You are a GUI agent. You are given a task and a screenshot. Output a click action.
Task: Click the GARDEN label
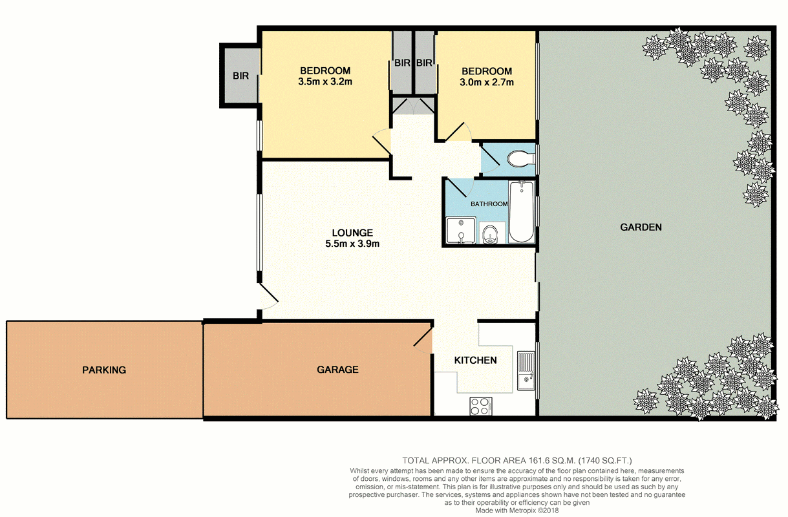[x=641, y=227]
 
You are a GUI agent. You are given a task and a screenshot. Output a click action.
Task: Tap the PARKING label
[x=104, y=370]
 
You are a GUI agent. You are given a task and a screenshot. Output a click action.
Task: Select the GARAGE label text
[x=337, y=370]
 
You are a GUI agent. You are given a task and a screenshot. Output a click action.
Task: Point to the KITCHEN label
[x=476, y=360]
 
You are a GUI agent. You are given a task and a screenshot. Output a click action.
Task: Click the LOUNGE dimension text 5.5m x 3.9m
[x=352, y=244]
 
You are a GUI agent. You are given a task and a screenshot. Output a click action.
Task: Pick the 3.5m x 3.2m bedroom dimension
[x=325, y=82]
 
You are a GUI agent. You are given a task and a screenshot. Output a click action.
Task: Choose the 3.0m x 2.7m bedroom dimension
[x=487, y=82]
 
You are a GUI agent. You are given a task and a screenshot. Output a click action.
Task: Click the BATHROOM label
[x=489, y=204]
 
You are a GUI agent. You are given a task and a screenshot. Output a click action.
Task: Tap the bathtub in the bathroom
[x=521, y=212]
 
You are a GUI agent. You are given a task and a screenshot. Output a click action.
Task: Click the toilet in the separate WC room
[x=521, y=158]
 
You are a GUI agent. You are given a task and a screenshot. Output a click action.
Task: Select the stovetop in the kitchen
[x=481, y=406]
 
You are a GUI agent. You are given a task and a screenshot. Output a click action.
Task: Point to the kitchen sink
[x=526, y=371]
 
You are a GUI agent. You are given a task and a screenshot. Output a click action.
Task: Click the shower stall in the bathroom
[x=461, y=230]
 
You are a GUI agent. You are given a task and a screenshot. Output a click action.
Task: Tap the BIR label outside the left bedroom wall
[x=240, y=76]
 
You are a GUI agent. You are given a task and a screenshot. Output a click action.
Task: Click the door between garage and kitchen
[x=423, y=341]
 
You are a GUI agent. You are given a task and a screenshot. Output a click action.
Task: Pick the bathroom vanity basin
[x=491, y=234]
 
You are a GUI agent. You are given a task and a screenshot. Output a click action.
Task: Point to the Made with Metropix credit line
[x=516, y=511]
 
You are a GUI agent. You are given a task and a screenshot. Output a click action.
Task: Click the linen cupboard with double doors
[x=412, y=106]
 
